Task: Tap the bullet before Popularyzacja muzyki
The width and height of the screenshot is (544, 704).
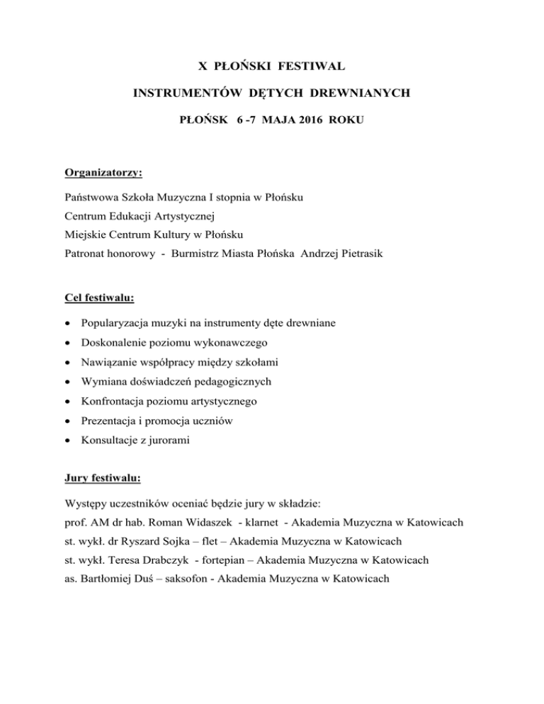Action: (67, 324)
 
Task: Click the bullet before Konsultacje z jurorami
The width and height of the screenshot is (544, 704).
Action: (67, 441)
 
